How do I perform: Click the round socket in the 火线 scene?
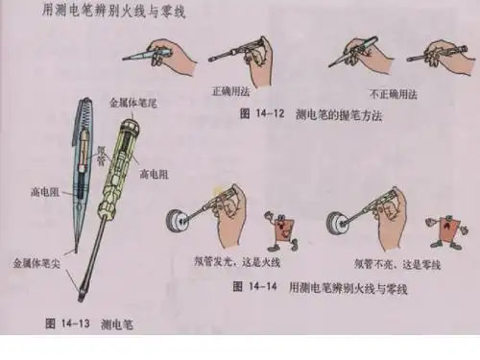point(178,223)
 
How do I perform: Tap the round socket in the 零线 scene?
point(339,223)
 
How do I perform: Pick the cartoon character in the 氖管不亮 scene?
point(449,230)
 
